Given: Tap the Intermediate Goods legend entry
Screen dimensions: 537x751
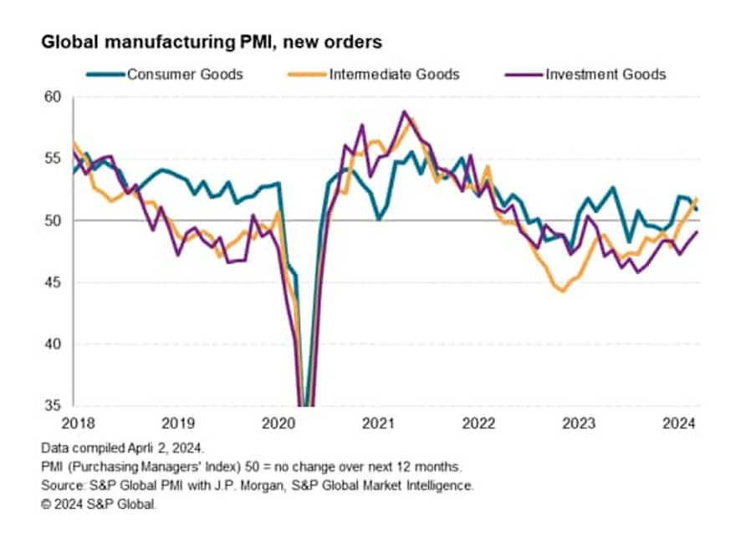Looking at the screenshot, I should [394, 74].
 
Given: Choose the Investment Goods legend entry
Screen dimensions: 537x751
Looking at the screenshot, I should [605, 74].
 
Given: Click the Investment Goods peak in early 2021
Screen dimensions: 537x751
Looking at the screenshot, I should [405, 111].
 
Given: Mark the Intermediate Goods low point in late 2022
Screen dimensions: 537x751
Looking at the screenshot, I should [562, 291].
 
